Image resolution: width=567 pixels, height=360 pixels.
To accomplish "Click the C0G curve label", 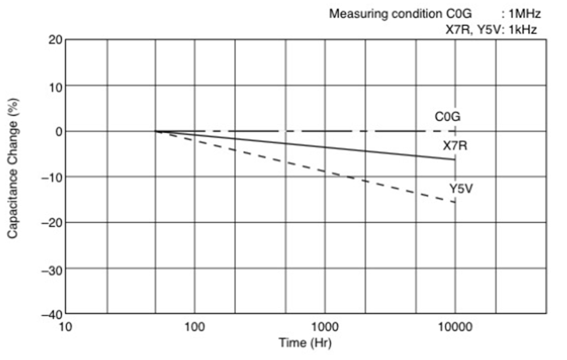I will coord(447,117).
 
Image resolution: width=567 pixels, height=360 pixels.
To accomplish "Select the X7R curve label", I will coord(455,146).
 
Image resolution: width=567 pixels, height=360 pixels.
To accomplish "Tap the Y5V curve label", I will coord(461,188).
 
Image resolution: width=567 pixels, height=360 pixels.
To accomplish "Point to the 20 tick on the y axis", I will coord(55,40).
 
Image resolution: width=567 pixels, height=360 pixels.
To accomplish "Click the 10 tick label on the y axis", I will coord(55,86).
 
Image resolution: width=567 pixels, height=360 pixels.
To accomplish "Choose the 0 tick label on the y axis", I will coord(58,132).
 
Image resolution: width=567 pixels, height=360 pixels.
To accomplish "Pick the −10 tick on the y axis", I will coord(52,177).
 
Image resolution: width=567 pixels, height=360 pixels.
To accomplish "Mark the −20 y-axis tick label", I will coord(52,222).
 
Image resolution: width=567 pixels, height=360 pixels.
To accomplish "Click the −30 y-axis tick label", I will coord(52,268).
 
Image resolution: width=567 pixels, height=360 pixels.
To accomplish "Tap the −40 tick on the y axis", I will coord(52,314).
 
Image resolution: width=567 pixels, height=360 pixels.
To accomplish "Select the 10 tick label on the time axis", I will coord(66,327).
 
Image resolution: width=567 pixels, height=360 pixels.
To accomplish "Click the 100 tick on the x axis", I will coord(194,327).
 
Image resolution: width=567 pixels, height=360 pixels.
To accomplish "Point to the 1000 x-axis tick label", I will coord(325,327).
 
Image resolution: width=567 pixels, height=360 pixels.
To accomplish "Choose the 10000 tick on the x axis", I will coord(455,327).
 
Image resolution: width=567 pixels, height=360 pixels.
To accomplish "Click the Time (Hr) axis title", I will coord(305,343).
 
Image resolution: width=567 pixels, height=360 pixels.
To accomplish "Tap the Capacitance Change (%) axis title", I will coord(12,171).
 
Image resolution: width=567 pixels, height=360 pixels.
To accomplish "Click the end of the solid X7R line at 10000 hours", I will coord(455,159).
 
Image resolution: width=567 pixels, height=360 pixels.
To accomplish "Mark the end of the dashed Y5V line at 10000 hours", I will coord(455,202).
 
